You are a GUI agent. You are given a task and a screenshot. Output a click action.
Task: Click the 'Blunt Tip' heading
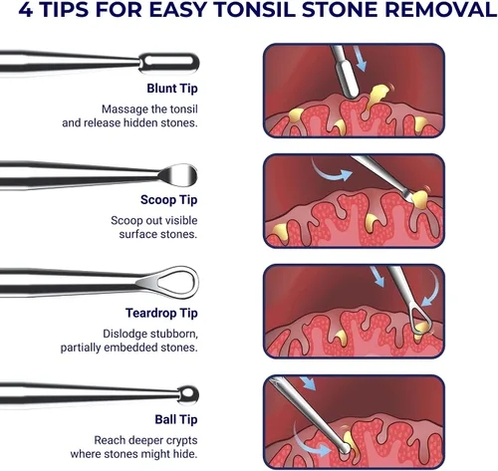172,89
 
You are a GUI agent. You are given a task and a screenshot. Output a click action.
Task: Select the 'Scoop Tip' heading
168,200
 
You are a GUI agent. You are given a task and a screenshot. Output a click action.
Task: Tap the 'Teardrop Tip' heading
161,313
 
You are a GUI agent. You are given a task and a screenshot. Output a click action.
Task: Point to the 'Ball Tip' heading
176,419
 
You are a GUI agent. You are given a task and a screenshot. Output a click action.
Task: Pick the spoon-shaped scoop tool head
178,175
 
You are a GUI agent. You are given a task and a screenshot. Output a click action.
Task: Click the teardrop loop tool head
168,282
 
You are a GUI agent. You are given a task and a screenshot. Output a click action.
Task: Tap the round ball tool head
188,394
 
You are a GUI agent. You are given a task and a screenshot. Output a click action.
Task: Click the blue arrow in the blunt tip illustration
360,59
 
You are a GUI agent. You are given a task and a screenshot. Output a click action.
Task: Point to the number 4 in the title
26,10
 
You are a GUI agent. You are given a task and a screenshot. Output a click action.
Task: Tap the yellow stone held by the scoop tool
419,199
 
